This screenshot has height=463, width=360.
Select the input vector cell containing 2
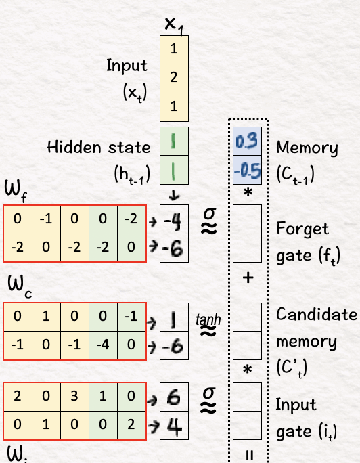point(174,79)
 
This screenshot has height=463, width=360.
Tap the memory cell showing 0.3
point(247,141)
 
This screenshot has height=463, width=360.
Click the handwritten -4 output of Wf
point(174,220)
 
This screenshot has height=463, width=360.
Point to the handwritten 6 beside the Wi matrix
point(173,397)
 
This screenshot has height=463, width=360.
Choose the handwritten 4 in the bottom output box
point(174,426)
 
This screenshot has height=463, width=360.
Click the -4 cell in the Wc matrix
point(103,345)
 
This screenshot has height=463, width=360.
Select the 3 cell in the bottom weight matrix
point(74,396)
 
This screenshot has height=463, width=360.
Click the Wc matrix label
point(20,287)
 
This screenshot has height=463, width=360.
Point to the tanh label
point(208,319)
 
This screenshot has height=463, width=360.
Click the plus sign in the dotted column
point(248,278)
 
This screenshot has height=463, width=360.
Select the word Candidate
point(317,314)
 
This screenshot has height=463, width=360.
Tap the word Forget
point(302,229)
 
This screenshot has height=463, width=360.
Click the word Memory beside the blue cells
point(307,148)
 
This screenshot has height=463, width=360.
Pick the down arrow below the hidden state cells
point(174,195)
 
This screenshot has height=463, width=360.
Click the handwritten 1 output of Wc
point(173,317)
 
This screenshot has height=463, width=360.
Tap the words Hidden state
point(99,147)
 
